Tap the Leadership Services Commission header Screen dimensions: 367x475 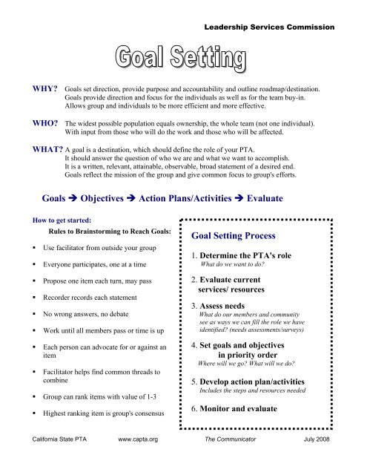[270, 27]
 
